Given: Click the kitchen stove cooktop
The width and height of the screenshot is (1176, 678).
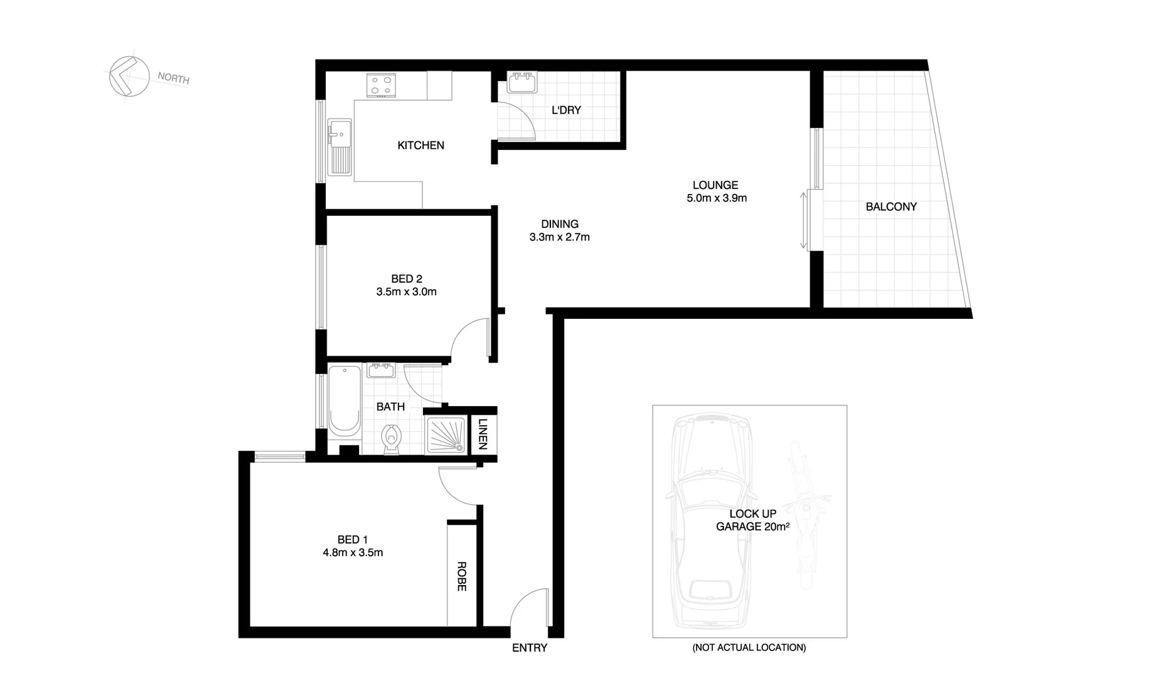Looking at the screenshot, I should coord(382,85).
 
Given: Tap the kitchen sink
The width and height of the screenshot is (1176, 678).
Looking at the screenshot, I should coord(339,146).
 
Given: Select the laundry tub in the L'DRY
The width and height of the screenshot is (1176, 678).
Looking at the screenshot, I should coord(521,83).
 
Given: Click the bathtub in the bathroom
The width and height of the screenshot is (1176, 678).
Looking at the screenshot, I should coord(344,400).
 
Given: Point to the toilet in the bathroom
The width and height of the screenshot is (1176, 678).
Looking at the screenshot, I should coord(392,437).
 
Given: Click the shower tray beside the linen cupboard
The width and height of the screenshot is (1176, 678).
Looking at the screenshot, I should coord(446,435).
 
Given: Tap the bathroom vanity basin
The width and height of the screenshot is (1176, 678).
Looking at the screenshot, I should coord(380,370).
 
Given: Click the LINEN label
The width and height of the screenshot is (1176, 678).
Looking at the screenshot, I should coord(482,434).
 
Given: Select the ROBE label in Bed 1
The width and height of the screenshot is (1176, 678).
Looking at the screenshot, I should coord(461,576).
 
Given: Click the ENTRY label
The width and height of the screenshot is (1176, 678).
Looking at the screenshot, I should coord(530,648).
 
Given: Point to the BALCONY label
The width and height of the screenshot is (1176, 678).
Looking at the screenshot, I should coord(891,207).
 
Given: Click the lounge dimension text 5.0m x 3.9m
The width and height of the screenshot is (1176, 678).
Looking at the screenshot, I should coord(717,198).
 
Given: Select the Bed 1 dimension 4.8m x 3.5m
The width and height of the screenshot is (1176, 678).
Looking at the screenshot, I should coord(353,553).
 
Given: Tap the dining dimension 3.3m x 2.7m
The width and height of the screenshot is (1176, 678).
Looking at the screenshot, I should coord(559,237).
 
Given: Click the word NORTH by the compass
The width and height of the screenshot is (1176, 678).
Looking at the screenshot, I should coord(173,78).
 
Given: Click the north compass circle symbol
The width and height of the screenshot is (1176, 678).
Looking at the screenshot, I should coord(129,77).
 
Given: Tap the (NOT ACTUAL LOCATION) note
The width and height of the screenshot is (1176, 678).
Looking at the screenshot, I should coord(749,647).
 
